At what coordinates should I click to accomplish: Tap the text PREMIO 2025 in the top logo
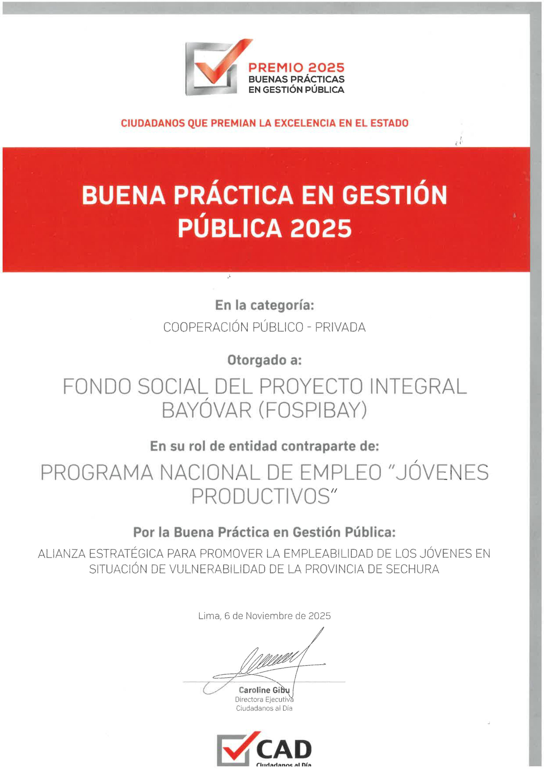[x=296, y=68]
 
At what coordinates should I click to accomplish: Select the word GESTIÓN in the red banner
[x=394, y=196]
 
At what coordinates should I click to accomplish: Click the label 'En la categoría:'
[x=264, y=305]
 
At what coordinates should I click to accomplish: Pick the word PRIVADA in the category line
[x=340, y=327]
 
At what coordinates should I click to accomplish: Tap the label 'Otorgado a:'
[x=264, y=360]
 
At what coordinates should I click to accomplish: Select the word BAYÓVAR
[x=206, y=410]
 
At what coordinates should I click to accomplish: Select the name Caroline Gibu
[x=264, y=690]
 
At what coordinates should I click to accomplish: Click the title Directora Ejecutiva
[x=264, y=699]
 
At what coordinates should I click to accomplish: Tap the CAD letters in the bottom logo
[x=284, y=749]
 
